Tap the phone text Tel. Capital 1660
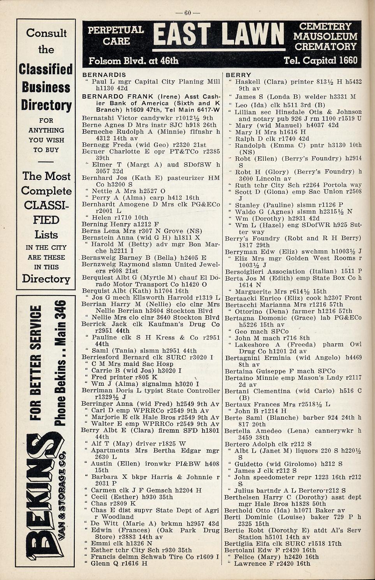(x=320, y=61)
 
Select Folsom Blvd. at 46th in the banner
(x=134, y=61)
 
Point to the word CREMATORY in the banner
(x=326, y=47)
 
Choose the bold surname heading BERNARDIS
(x=104, y=75)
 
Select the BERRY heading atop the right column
(x=238, y=75)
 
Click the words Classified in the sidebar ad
(x=46, y=69)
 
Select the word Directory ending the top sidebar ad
(x=46, y=279)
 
